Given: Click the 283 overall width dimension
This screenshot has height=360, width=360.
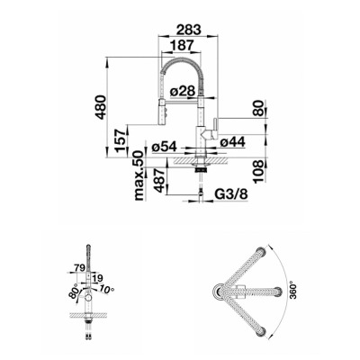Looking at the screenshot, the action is coord(188,30).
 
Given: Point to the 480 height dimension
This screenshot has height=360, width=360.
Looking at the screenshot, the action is coord(101,107).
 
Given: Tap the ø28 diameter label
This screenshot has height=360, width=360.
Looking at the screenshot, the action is coord(183,91).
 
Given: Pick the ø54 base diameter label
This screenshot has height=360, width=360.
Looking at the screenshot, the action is coord(165,147).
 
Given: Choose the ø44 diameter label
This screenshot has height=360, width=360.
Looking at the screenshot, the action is coord(232,141).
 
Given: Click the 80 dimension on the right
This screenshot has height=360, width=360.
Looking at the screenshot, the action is coord(258,108).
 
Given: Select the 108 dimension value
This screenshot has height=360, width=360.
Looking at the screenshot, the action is coord(258,171).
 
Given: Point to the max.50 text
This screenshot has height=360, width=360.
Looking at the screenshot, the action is coord(139,175).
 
